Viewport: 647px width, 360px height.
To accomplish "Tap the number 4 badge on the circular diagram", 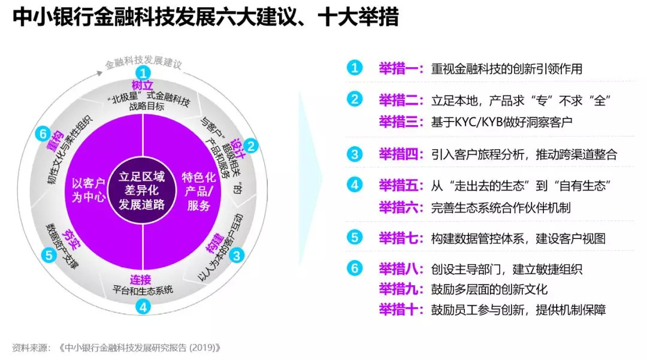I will click(143, 307).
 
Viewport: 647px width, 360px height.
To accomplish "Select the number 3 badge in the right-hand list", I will click(355, 154).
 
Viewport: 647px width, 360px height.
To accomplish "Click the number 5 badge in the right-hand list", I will click(355, 238).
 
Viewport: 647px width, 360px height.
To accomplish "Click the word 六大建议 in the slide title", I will click(263, 17).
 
